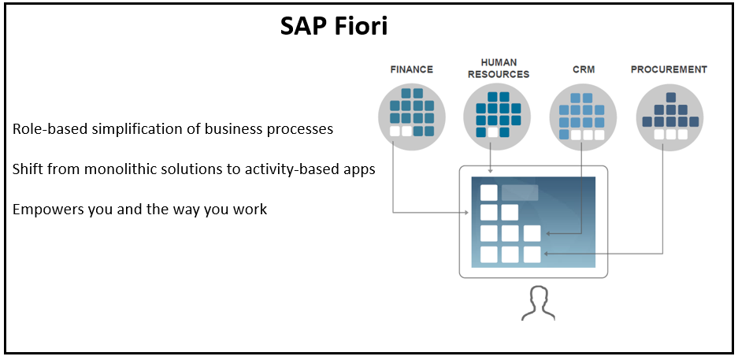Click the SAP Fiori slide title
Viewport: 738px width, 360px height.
334,27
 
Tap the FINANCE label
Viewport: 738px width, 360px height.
411,69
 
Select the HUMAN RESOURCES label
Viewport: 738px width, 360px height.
499,69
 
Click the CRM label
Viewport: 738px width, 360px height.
583,69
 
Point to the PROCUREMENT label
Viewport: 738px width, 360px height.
669,69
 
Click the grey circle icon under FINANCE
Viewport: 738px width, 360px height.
411,115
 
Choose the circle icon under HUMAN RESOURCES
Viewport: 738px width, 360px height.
497,115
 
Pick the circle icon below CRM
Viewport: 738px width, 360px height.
583,115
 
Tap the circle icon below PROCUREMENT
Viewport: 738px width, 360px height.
669,115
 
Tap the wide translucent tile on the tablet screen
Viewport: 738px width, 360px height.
520,193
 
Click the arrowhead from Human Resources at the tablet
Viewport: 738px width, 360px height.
490,171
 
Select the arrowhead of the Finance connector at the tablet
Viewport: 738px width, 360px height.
467,213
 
